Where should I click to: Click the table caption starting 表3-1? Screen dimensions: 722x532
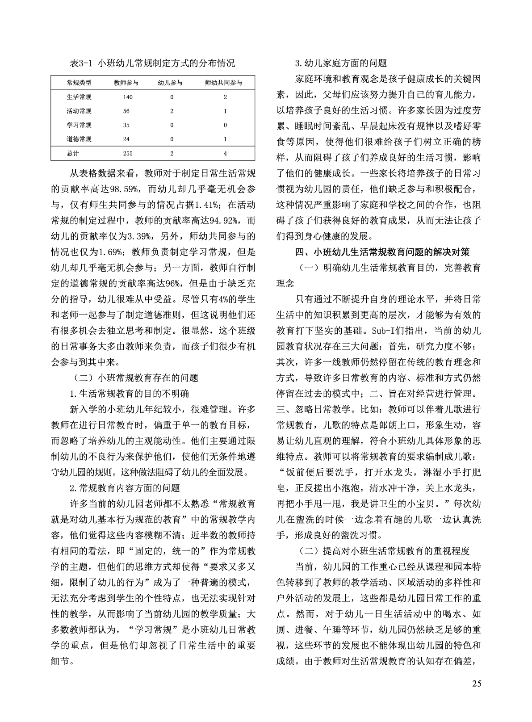(152, 63)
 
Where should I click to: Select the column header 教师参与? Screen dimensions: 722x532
(126, 83)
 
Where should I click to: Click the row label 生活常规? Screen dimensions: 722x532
(79, 97)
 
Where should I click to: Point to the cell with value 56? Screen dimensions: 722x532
(126, 111)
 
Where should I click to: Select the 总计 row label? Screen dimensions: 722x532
(73, 153)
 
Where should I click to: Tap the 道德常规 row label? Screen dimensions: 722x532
(79, 139)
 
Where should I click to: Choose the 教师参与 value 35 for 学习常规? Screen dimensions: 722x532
(126, 125)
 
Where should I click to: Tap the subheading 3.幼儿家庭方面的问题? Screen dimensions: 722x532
(341, 63)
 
